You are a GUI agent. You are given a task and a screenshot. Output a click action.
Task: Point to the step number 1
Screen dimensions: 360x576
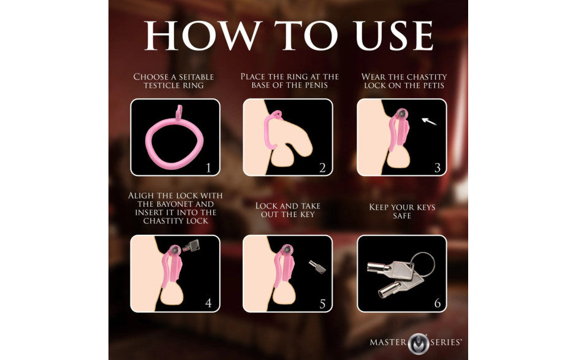[208, 167]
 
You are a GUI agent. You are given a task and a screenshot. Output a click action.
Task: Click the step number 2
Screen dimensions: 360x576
[321, 167]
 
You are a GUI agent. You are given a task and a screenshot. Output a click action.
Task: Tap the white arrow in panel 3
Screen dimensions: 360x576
[430, 122]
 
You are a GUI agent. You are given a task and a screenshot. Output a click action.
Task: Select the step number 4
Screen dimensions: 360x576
[208, 303]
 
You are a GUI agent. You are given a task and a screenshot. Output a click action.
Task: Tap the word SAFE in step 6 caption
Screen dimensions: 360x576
[402, 216]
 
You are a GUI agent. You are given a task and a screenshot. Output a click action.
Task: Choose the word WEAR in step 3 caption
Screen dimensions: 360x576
[374, 77]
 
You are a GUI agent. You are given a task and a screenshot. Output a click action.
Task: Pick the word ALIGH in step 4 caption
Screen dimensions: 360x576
[142, 195]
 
